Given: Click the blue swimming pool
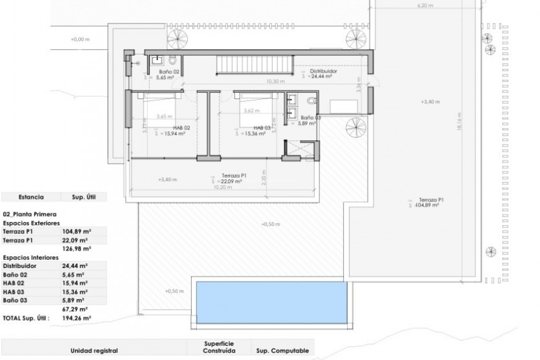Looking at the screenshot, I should tap(271, 302).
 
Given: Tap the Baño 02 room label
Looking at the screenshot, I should tap(169, 72).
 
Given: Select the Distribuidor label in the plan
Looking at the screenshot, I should tap(323, 71).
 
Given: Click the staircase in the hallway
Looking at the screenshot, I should tap(255, 65).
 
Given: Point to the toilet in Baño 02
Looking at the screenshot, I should tap(172, 60).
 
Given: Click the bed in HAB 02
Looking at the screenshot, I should tap(159, 110).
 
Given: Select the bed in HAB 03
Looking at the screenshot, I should tap(256, 110).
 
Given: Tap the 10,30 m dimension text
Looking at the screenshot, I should tap(275, 81).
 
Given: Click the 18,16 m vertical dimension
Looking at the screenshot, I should tap(459, 121).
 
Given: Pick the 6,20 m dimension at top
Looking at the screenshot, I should tap(425, 5).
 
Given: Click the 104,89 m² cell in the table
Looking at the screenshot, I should tap(76, 232).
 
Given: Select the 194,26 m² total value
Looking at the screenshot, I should tap(76, 318).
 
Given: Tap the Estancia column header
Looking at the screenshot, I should tap(31, 197).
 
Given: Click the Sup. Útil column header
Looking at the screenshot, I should tap(84, 197).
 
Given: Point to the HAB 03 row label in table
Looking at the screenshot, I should tap(13, 292).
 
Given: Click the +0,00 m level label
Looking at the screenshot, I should tap(80, 39).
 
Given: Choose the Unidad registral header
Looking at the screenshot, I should tap(94, 351).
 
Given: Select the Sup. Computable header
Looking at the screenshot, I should tap(282, 351).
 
